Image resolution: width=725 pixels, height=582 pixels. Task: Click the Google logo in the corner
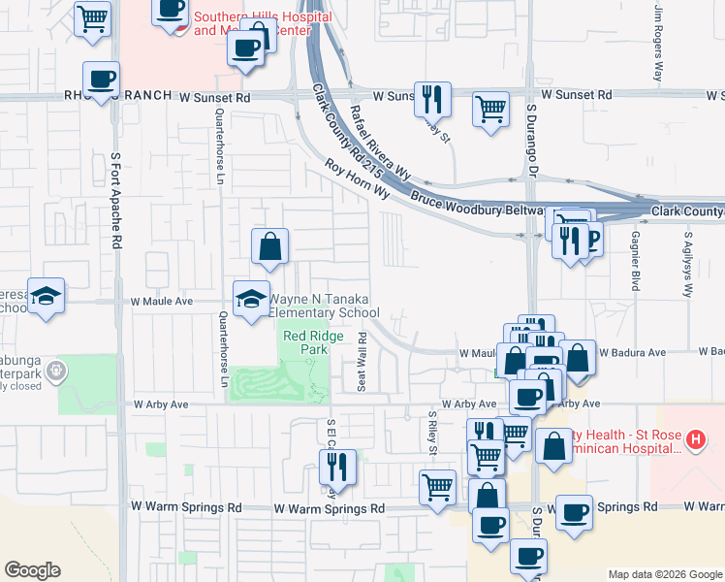coord(32,570)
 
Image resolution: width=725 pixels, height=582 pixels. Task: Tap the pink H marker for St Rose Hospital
coord(694,439)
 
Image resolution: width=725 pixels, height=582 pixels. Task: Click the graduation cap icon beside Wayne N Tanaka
coord(251,297)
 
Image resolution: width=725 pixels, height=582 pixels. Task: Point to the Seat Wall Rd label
coord(362,362)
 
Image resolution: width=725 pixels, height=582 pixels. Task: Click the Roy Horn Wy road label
coord(356,180)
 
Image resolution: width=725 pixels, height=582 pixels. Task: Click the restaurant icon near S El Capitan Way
coord(338,468)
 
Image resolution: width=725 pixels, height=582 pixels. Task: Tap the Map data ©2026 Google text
coord(664,574)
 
